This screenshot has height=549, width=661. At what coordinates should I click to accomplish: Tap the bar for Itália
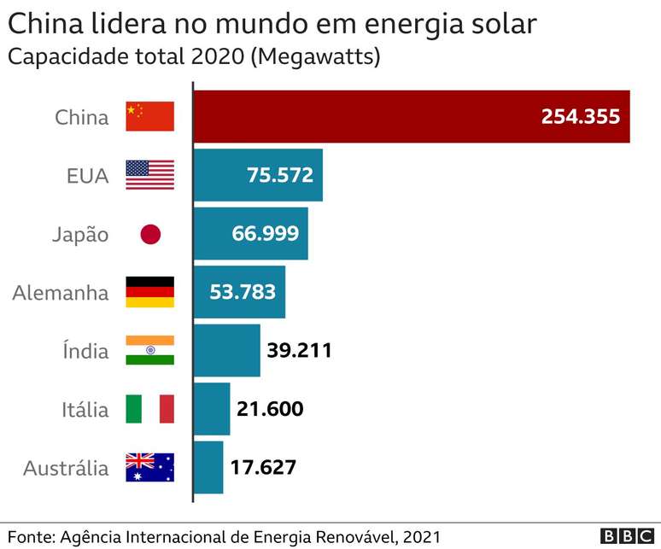coord(212,409)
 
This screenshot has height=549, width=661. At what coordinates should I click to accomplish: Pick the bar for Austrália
coord(208,467)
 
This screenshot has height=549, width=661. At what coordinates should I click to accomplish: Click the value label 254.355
coord(580,117)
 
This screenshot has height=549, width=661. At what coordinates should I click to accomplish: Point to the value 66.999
coord(265,234)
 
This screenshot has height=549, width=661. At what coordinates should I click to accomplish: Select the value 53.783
coord(243,292)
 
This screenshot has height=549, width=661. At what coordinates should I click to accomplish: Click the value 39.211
coord(299,351)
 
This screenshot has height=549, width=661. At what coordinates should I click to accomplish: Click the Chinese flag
coord(149,117)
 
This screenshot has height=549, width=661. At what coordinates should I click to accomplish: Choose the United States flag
coord(149,175)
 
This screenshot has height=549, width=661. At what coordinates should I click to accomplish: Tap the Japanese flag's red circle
coord(150,234)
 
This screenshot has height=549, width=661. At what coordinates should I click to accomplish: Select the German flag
coord(149,292)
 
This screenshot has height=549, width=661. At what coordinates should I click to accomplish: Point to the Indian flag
coord(149,351)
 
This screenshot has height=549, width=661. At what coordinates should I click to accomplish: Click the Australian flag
coord(149,468)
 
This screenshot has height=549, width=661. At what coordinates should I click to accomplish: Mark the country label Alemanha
coord(61,293)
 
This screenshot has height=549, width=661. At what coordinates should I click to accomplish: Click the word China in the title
coord(41,23)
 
